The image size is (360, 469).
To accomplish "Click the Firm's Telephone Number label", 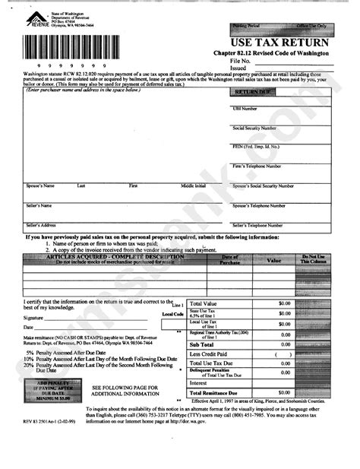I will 257,165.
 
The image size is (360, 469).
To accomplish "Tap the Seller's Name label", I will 39,204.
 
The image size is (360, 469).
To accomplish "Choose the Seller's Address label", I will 43,224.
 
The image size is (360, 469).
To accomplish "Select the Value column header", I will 273,259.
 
